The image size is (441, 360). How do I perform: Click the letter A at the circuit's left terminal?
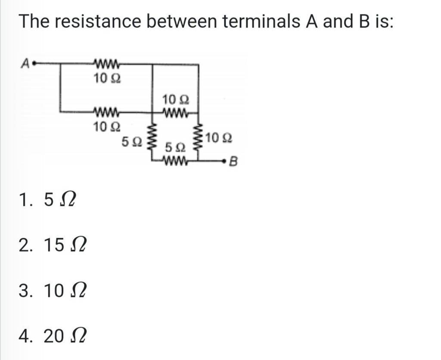[x=25, y=64]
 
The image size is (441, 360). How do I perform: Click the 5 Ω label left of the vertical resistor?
[x=131, y=141]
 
